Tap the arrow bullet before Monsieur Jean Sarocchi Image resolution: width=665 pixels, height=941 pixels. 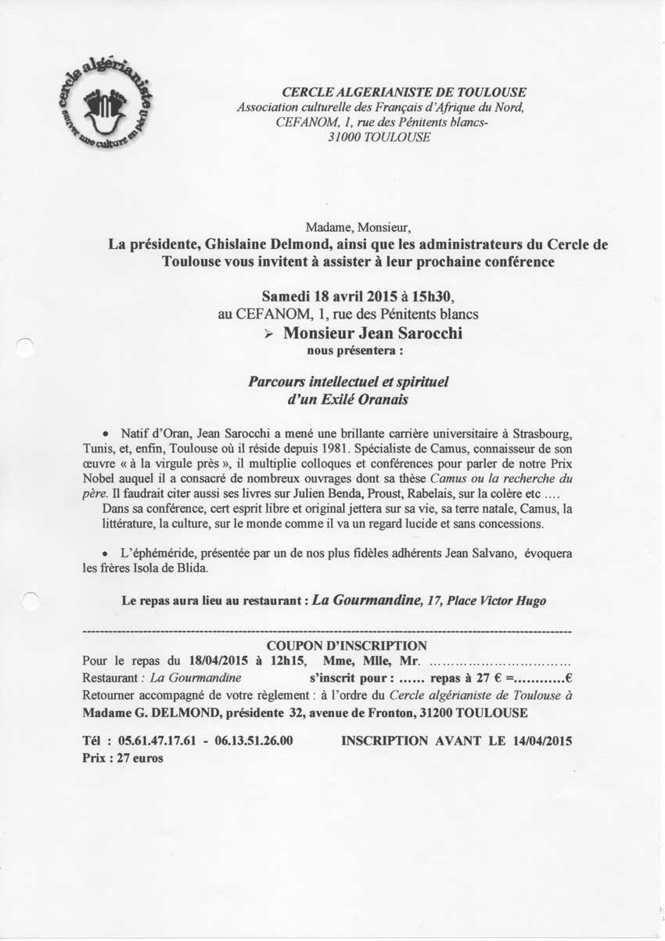click(x=268, y=334)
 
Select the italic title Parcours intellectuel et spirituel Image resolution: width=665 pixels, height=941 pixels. click(x=349, y=383)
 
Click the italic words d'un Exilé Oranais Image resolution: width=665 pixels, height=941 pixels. click(x=349, y=401)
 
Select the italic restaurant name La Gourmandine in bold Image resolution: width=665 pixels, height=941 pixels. click(x=364, y=600)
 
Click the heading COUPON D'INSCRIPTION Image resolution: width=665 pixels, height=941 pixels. click(x=347, y=646)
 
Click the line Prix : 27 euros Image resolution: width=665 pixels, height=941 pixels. click(x=124, y=759)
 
